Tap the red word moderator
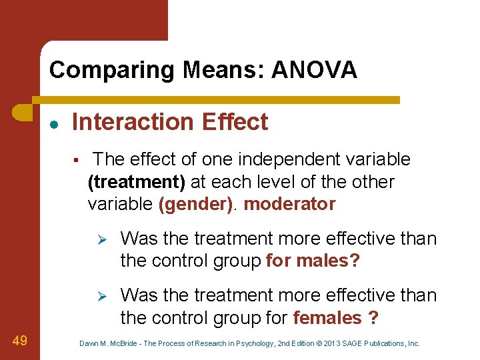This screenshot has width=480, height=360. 289,204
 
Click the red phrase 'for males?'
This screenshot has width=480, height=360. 312,261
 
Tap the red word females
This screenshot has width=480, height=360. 327,318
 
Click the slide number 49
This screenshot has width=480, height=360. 19,341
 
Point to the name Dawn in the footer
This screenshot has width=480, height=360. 89,343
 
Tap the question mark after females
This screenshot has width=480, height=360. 373,318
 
